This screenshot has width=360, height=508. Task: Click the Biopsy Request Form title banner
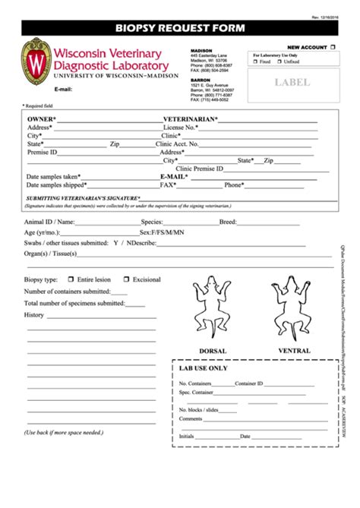(180, 29)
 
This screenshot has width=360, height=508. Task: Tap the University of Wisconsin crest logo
(33, 65)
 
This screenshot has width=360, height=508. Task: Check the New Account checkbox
(332, 47)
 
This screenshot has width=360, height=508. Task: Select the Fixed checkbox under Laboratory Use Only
(256, 62)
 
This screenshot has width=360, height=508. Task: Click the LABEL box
(292, 82)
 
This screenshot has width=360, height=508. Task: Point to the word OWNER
(40, 119)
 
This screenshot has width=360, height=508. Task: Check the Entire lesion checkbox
(71, 279)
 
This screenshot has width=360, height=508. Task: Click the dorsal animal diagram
(213, 308)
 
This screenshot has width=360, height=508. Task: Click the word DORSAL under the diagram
(213, 351)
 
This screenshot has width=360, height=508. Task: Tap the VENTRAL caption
(293, 351)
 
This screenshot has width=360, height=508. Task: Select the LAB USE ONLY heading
(203, 368)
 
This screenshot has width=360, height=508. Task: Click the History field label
(34, 314)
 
